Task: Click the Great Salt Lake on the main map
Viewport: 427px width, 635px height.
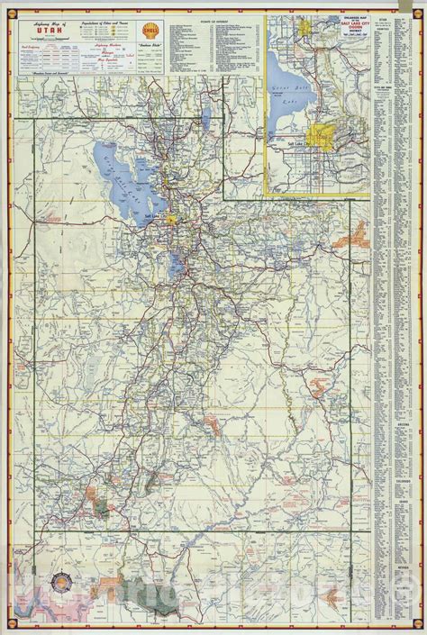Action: coord(122,176)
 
